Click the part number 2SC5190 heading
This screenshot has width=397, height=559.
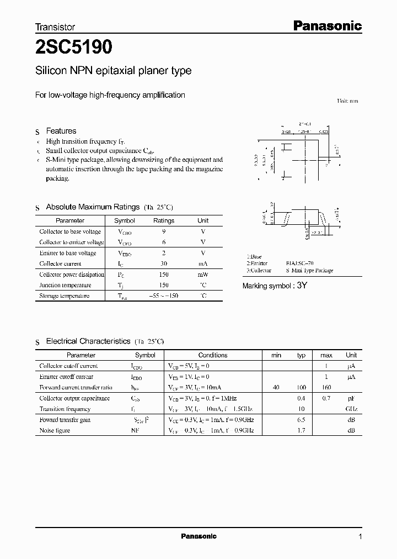(x=74, y=48)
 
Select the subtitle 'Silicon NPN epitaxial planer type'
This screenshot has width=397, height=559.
(x=113, y=71)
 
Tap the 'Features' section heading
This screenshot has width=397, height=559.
(x=61, y=131)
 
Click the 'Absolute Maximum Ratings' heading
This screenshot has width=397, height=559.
(x=93, y=207)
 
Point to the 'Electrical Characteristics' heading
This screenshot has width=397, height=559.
(x=88, y=341)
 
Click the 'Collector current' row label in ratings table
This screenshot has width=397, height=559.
(x=60, y=264)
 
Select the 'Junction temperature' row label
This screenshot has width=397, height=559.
(x=65, y=285)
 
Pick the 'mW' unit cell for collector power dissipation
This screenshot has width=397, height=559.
(x=203, y=275)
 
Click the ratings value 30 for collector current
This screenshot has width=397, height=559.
(x=163, y=264)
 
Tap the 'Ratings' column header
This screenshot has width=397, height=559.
(x=163, y=220)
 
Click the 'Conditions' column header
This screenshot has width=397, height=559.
(x=213, y=355)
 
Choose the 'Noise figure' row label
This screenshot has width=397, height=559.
(x=55, y=430)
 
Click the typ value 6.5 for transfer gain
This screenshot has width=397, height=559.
(x=301, y=420)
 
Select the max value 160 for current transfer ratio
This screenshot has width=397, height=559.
(x=326, y=387)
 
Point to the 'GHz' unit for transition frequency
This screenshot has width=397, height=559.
(x=351, y=409)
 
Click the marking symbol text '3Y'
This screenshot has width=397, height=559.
(x=302, y=286)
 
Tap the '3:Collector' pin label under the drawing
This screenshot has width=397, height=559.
(x=259, y=271)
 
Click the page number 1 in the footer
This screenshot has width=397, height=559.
(x=360, y=537)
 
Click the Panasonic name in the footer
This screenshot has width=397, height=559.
(x=198, y=536)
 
